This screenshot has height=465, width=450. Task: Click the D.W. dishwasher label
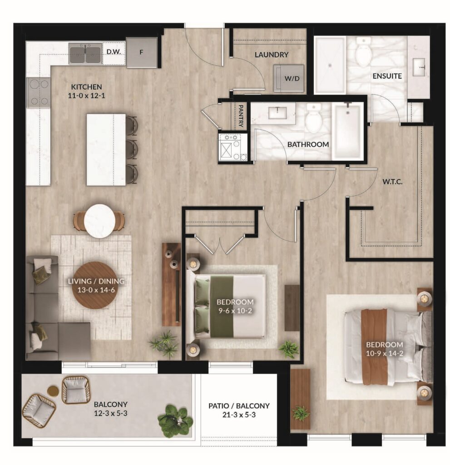114,52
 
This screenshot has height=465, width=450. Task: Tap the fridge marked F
142,53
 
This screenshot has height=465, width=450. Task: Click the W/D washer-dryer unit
289,78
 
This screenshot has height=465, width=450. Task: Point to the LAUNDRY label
272,54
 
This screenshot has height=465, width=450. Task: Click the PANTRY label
241,116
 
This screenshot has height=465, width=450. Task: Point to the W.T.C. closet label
392,182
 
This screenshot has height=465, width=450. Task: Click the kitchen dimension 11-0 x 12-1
86,96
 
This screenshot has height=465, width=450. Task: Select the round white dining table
99,221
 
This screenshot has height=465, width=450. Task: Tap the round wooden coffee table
96,286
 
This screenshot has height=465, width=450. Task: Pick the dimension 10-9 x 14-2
384,353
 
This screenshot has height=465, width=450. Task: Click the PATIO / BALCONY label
239,406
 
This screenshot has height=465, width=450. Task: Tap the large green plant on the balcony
175,420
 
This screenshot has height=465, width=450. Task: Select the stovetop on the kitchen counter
38,93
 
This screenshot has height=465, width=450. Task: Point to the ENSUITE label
387,76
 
